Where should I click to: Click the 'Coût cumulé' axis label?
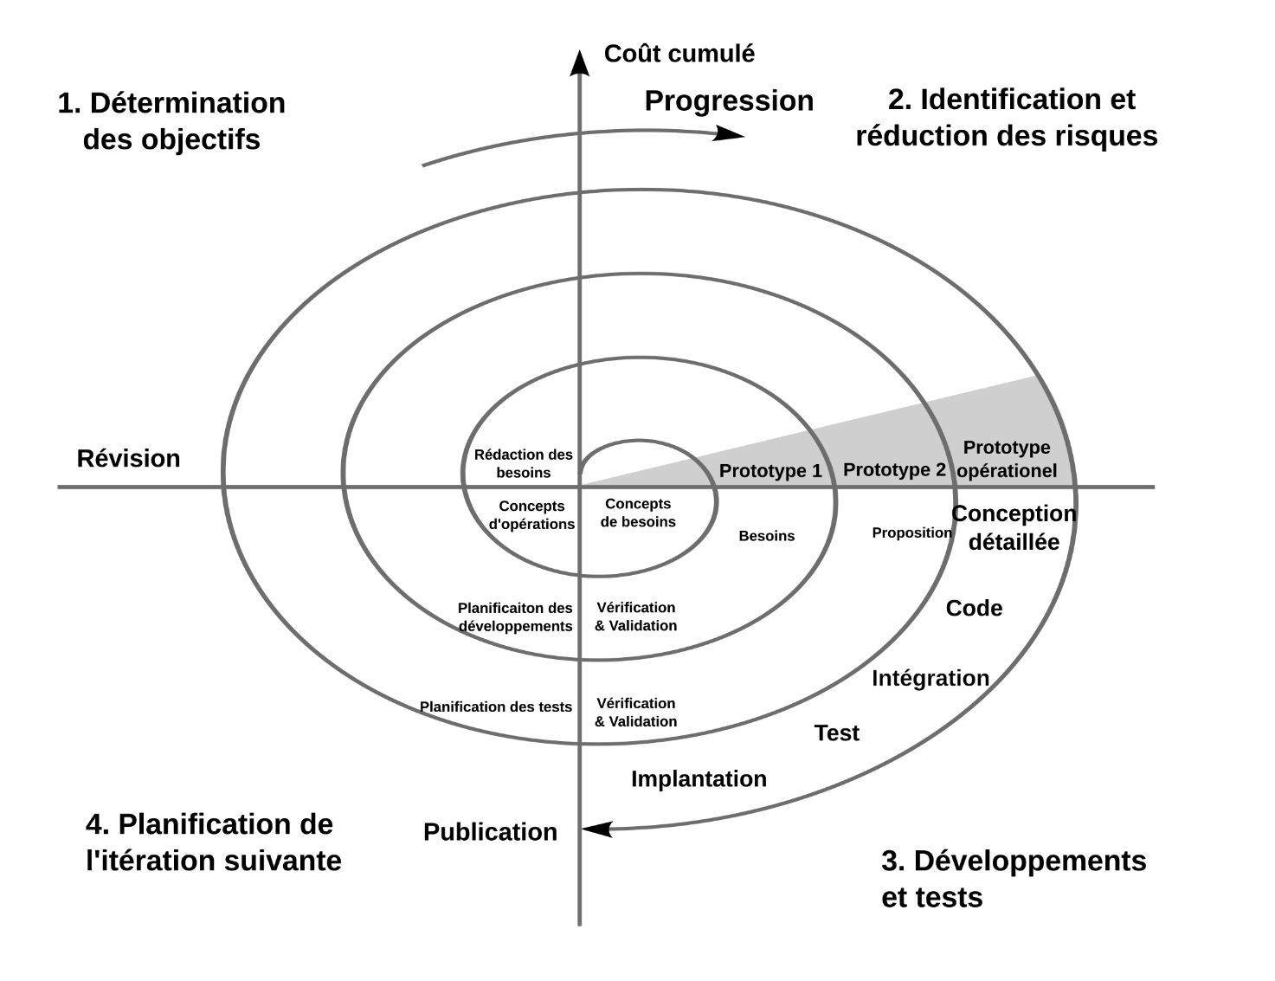[679, 54]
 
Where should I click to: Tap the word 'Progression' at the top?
[729, 101]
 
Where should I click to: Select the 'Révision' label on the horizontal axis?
[129, 458]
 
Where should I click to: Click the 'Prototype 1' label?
[770, 471]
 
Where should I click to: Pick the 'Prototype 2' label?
[894, 470]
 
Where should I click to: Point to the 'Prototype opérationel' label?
[1008, 460]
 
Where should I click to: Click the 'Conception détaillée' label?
[1014, 527]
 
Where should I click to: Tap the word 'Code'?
[974, 609]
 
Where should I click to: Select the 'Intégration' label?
[930, 678]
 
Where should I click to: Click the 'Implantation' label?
[699, 779]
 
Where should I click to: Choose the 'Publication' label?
[490, 832]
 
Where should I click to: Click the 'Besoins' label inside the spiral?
[766, 537]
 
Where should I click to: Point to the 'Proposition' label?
[911, 532]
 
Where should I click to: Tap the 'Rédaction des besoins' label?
[524, 463]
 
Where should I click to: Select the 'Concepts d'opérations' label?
[531, 515]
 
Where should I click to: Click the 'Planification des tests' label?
[496, 707]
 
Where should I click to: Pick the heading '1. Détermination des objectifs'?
[171, 121]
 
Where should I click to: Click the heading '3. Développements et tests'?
[1013, 879]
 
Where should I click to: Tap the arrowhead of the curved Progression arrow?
[732, 133]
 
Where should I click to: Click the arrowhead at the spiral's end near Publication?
[596, 829]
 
